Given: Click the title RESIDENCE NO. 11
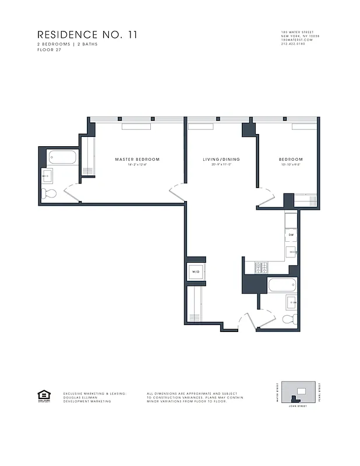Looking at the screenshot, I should (x=87, y=35).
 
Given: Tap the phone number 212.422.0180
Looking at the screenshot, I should (x=293, y=43).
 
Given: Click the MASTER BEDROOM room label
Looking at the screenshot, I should (x=137, y=159).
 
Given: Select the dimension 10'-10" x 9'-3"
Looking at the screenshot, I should (x=290, y=165).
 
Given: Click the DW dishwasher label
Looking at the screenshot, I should (x=291, y=235).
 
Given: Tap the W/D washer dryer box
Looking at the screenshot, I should (x=195, y=271).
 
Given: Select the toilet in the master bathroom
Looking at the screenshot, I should (x=50, y=193).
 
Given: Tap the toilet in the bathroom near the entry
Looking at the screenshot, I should (x=288, y=319).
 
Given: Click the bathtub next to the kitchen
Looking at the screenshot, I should (x=282, y=285).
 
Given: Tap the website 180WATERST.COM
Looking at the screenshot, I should (x=297, y=39).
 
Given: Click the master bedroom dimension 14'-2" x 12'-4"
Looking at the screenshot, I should (x=137, y=165).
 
